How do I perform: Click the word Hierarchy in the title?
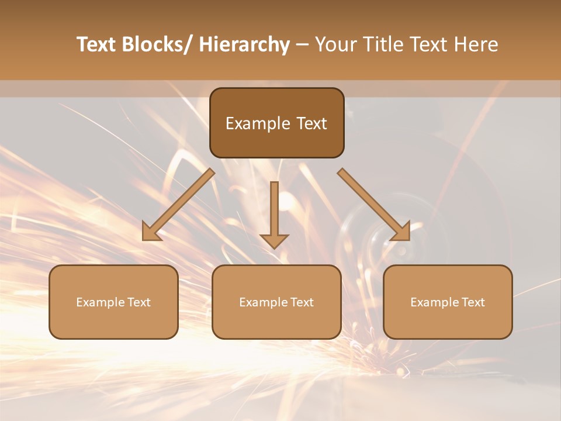[244, 45]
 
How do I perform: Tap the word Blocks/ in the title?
[157, 45]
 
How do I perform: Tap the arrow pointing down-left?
[179, 205]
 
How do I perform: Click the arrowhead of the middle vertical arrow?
[274, 240]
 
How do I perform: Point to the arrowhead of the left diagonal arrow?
[151, 232]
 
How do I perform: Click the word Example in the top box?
[250, 124]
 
